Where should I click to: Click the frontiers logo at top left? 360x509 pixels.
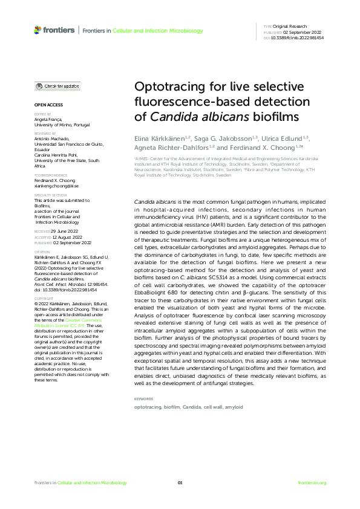54,30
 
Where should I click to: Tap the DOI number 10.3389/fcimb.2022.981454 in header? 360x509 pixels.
297,37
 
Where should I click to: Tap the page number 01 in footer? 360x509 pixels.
180,483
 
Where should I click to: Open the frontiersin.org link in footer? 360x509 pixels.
312,483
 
